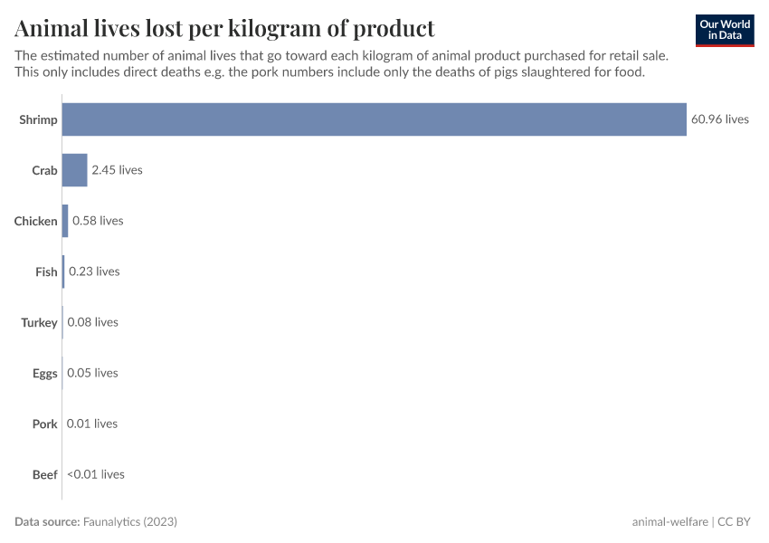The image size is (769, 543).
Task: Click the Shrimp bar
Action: point(374,119)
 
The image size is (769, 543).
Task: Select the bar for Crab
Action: point(75,170)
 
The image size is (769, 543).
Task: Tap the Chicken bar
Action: point(65,221)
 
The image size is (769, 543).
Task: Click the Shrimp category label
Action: point(38,119)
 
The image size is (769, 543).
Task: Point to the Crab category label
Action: point(44,170)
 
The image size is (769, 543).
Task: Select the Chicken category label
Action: point(36,221)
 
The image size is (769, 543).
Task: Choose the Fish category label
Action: point(46,271)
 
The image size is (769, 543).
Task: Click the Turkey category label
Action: point(40,322)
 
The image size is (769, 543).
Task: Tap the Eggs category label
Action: point(45,373)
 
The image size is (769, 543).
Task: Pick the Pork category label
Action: point(45,424)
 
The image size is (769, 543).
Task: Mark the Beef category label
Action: point(45,474)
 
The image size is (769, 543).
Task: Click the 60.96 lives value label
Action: point(720,119)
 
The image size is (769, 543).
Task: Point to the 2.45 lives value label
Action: point(117,170)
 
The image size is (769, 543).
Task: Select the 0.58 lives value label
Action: point(98,221)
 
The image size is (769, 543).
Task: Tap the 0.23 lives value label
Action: point(94,271)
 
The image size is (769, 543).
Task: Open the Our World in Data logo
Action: point(725,30)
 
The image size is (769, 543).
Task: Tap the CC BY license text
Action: point(736,522)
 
